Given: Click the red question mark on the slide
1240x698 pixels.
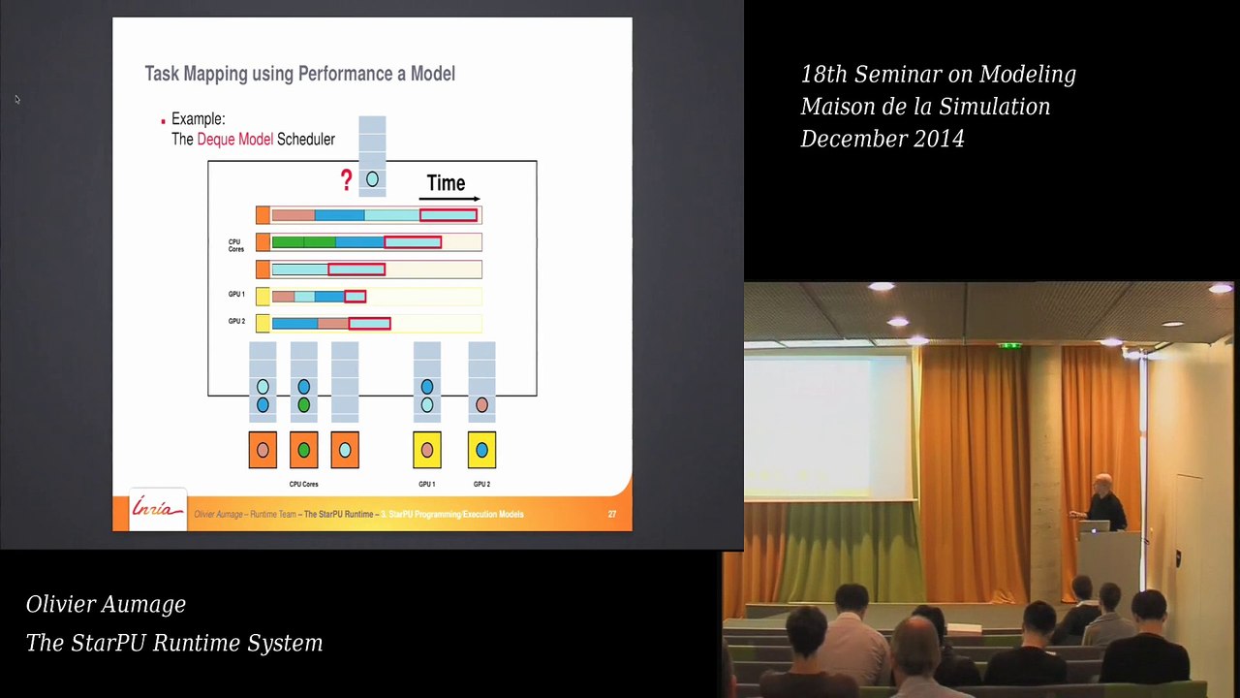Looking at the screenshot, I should pyautogui.click(x=346, y=180).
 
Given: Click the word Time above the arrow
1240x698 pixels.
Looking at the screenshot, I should pyautogui.click(x=446, y=183).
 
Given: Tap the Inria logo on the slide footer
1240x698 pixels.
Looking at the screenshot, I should pyautogui.click(x=157, y=510).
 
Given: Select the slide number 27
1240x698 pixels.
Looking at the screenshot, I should pyautogui.click(x=611, y=514).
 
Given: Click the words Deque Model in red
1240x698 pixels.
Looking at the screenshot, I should pyautogui.click(x=234, y=140).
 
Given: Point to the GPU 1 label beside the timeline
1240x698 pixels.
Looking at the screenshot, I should pyautogui.click(x=236, y=295).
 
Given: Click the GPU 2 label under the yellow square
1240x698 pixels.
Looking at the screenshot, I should pyautogui.click(x=481, y=484).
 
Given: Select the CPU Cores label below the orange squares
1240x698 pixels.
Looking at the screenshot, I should pyautogui.click(x=303, y=484).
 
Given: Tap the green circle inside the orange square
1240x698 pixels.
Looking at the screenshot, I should pyautogui.click(x=303, y=450).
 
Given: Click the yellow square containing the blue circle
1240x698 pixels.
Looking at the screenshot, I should pyautogui.click(x=481, y=450).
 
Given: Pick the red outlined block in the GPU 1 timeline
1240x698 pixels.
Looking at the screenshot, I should pyautogui.click(x=355, y=297).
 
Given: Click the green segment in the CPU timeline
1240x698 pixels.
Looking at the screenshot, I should pyautogui.click(x=302, y=242).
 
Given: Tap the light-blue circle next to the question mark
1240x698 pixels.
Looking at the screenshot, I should pyautogui.click(x=372, y=179).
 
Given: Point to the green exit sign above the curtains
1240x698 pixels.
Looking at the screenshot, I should pyautogui.click(x=1009, y=345).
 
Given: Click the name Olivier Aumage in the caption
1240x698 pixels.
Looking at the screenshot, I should pyautogui.click(x=106, y=604).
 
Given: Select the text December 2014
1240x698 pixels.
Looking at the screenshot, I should pyautogui.click(x=882, y=139).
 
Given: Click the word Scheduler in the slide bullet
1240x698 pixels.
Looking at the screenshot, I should pyautogui.click(x=305, y=140).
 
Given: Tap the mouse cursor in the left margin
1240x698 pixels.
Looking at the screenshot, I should pyautogui.click(x=16, y=99).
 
